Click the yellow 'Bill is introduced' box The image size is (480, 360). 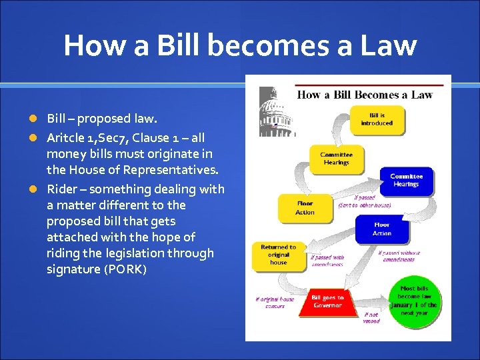(377, 119)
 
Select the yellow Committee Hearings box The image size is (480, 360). (337, 159)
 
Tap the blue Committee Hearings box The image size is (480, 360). (406, 180)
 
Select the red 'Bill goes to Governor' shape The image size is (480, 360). (327, 302)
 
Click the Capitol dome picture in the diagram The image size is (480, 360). (275, 111)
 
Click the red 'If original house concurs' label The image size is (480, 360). (274, 303)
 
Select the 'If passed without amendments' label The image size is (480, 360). (400, 256)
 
